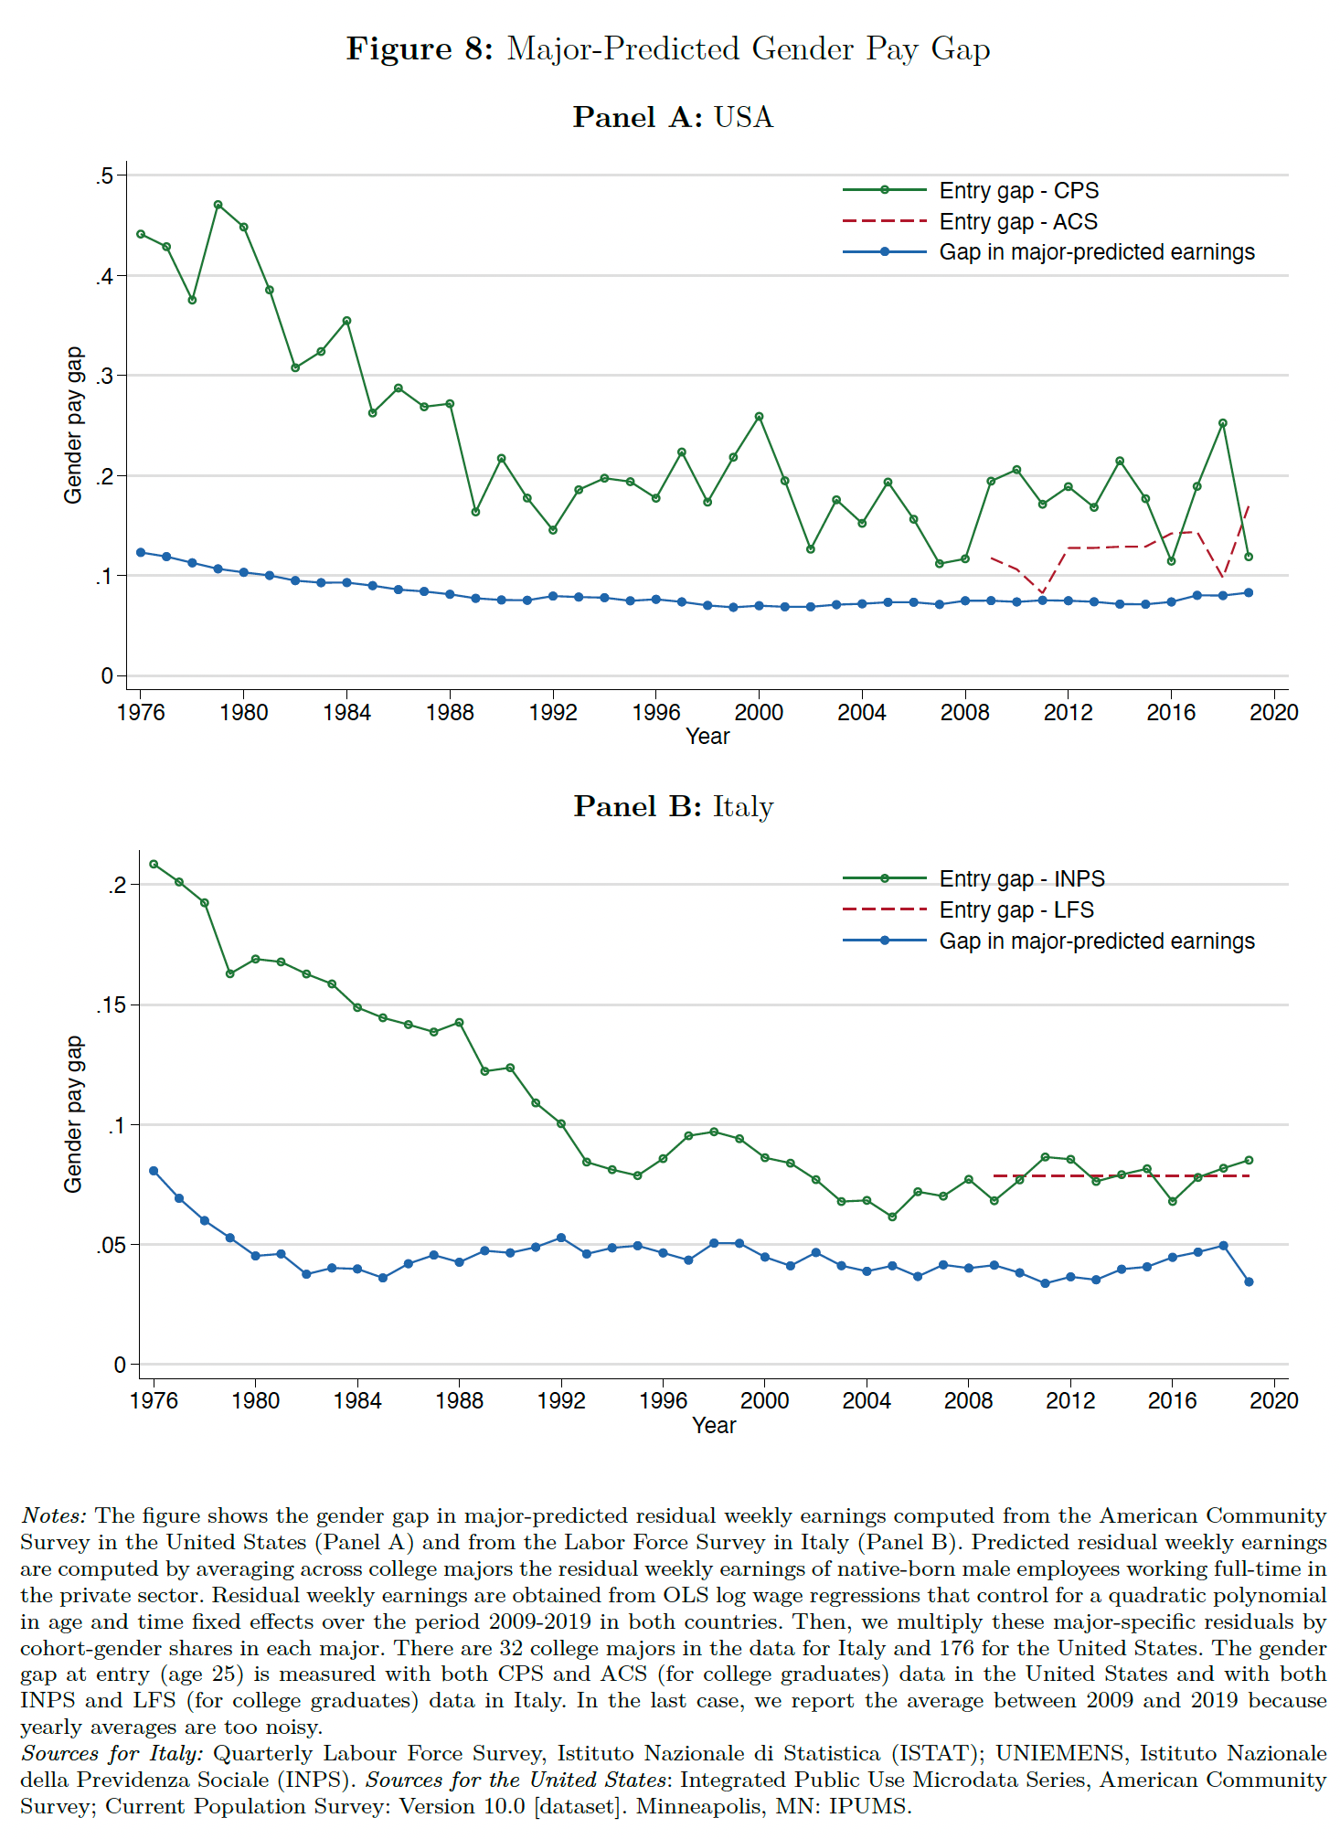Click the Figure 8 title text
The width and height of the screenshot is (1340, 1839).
tap(668, 48)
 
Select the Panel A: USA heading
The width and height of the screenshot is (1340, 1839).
tap(673, 117)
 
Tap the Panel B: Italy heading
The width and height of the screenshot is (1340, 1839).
tap(673, 806)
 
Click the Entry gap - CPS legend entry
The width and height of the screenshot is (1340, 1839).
tap(1018, 191)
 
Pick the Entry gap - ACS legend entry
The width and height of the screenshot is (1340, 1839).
tap(1017, 222)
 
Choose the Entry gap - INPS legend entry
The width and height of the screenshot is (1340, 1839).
tap(1021, 879)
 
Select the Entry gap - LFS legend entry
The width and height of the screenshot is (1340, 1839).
tap(1016, 910)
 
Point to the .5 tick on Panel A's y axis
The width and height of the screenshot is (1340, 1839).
tap(104, 175)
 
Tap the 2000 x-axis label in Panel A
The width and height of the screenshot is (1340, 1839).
tap(759, 713)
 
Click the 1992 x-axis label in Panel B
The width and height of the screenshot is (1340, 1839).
tap(561, 1401)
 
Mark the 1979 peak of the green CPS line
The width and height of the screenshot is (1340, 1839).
tap(218, 205)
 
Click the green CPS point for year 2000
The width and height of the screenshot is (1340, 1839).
tap(759, 417)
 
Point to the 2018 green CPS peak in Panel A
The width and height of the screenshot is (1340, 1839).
tap(1223, 423)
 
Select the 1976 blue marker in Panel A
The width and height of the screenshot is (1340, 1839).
tap(141, 552)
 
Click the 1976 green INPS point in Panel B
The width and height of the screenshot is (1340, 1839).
tap(154, 864)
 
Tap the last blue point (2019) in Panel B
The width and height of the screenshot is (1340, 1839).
tap(1249, 1281)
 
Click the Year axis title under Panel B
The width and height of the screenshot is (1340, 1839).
tap(714, 1426)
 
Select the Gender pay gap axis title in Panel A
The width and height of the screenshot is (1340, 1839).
tap(73, 425)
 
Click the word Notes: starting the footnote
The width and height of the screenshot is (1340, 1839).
tap(54, 1516)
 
